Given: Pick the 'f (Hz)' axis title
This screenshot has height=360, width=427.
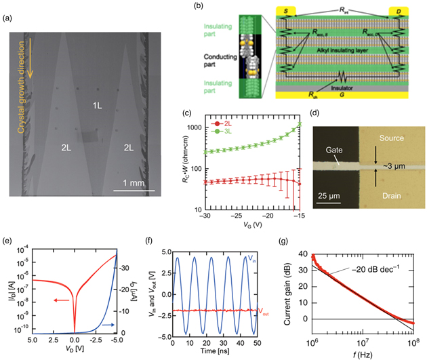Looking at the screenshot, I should point(359,353).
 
